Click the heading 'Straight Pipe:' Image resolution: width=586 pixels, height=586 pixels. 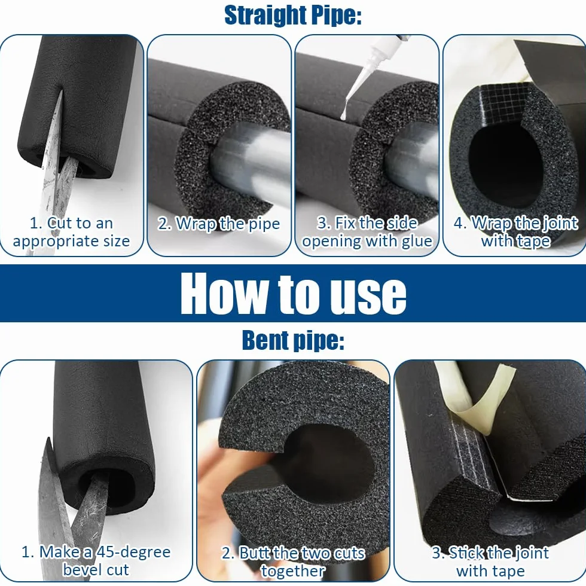pyautogui.click(x=292, y=16)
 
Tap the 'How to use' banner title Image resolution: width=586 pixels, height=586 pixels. pyautogui.click(x=294, y=294)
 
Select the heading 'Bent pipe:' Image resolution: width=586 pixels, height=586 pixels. pyautogui.click(x=293, y=340)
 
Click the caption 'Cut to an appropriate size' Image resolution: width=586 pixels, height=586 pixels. pyautogui.click(x=71, y=232)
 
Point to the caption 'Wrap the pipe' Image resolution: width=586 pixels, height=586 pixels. pyautogui.click(x=219, y=224)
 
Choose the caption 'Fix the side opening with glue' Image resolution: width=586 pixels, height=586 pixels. pyautogui.click(x=367, y=232)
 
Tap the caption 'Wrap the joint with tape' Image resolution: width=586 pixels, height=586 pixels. pyautogui.click(x=515, y=232)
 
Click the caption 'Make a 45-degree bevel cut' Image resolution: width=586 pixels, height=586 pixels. pyautogui.click(x=96, y=561)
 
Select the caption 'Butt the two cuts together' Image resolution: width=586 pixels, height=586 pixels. pyautogui.click(x=293, y=561)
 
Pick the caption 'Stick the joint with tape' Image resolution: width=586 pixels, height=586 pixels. pyautogui.click(x=490, y=561)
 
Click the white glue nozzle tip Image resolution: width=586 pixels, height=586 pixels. pyautogui.click(x=343, y=116)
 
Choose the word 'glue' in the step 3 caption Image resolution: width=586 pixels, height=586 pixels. pyautogui.click(x=417, y=242)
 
